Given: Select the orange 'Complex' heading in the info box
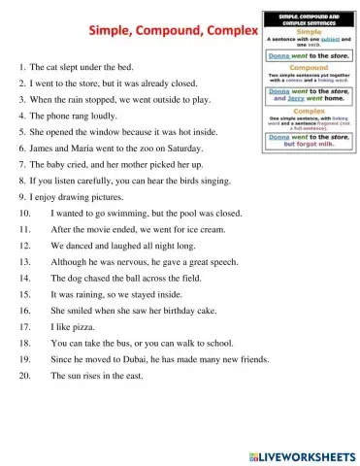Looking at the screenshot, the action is pos(305,112).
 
